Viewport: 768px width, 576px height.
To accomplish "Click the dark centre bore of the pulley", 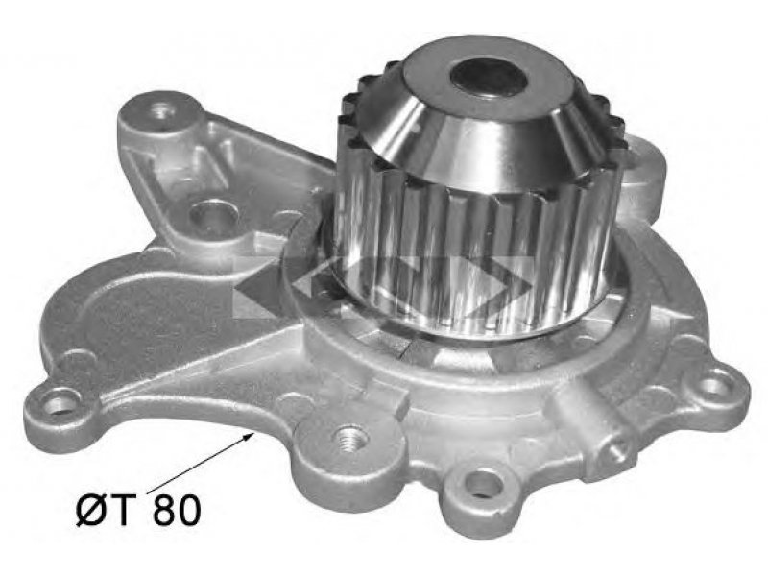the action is [x=489, y=74].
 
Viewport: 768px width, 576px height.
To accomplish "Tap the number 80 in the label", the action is [x=177, y=510].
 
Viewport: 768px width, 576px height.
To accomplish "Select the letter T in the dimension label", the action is [x=124, y=510].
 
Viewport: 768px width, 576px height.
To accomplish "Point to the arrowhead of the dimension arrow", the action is [x=249, y=437].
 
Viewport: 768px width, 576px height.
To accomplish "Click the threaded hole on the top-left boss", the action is [x=163, y=110].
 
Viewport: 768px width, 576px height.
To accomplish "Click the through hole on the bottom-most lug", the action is [x=484, y=485].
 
